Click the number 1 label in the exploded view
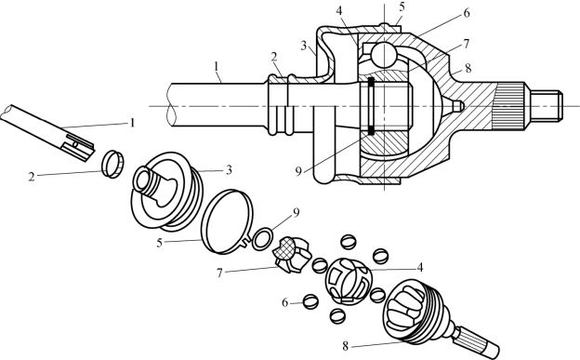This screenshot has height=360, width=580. (132, 123)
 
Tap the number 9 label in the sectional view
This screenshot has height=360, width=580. (299, 171)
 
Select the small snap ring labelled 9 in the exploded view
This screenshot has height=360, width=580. (263, 239)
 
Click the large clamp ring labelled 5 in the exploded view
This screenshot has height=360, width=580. (227, 221)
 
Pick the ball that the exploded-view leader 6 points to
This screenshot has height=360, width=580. (311, 301)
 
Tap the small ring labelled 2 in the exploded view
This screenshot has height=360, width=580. (113, 164)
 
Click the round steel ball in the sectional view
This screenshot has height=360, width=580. (385, 54)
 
